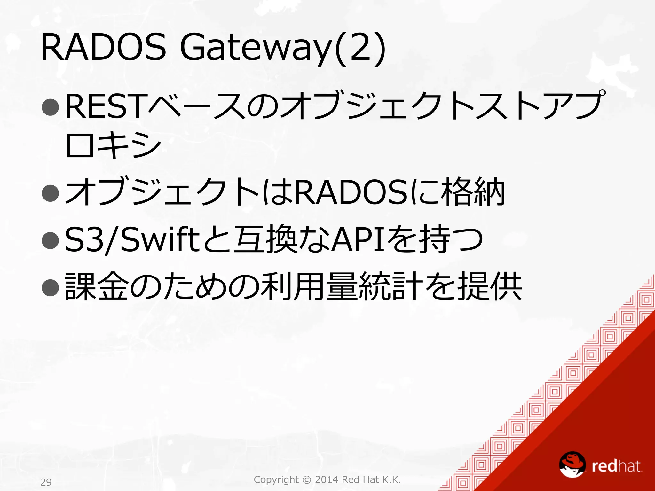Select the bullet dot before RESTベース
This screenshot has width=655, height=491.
(51, 107)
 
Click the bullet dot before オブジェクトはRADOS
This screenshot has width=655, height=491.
(51, 193)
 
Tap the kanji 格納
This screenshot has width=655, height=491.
(473, 192)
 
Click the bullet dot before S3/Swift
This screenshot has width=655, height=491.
(51, 240)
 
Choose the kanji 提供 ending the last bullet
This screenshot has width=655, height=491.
(490, 286)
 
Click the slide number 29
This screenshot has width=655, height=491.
(46, 482)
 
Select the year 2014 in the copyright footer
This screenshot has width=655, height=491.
(327, 479)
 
